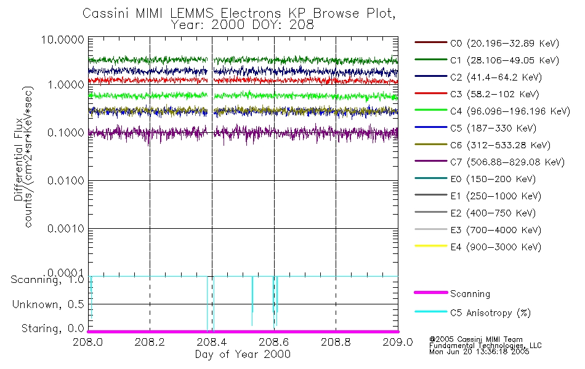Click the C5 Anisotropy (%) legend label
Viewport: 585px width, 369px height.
pyautogui.click(x=490, y=312)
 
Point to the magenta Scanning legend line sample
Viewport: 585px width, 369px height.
pyautogui.click(x=430, y=294)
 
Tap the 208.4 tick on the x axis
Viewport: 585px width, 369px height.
pyautogui.click(x=212, y=341)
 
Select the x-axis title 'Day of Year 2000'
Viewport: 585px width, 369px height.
pyautogui.click(x=243, y=354)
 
